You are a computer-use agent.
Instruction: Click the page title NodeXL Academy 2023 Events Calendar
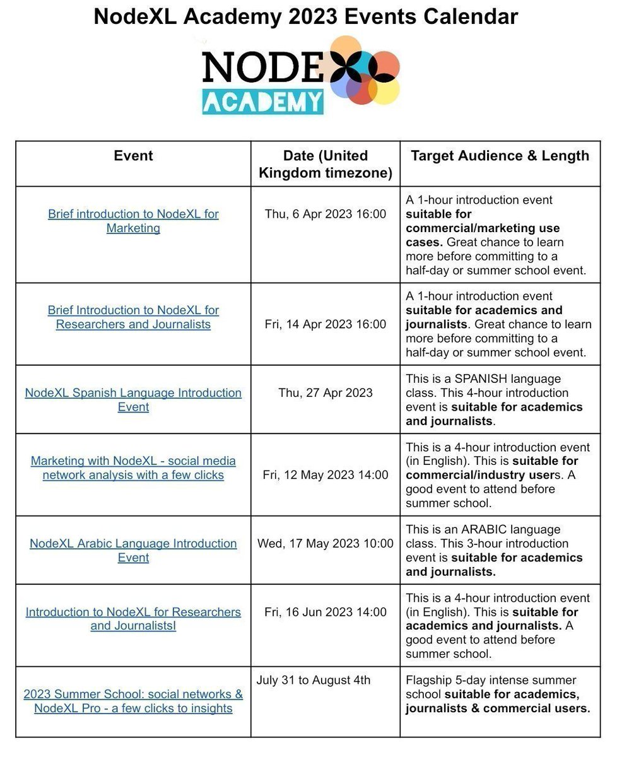(306, 16)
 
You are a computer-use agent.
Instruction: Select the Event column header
(133, 156)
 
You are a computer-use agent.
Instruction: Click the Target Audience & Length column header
(500, 156)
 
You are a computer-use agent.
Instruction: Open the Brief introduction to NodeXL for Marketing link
(133, 221)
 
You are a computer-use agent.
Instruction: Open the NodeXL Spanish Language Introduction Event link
(133, 399)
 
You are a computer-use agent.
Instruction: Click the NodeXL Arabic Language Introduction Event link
(133, 550)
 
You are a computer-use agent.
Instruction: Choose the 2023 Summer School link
(133, 701)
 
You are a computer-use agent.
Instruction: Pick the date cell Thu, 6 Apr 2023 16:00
(325, 214)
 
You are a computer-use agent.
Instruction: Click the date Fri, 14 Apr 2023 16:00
(325, 324)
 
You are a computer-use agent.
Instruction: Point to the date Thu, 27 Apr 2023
(325, 393)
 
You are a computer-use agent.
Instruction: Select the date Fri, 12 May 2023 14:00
(325, 475)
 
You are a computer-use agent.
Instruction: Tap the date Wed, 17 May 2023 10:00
(325, 544)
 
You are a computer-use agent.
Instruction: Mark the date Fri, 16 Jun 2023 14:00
(325, 612)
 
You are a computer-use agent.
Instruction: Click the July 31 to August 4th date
(314, 680)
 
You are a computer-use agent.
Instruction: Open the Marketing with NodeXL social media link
(133, 468)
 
